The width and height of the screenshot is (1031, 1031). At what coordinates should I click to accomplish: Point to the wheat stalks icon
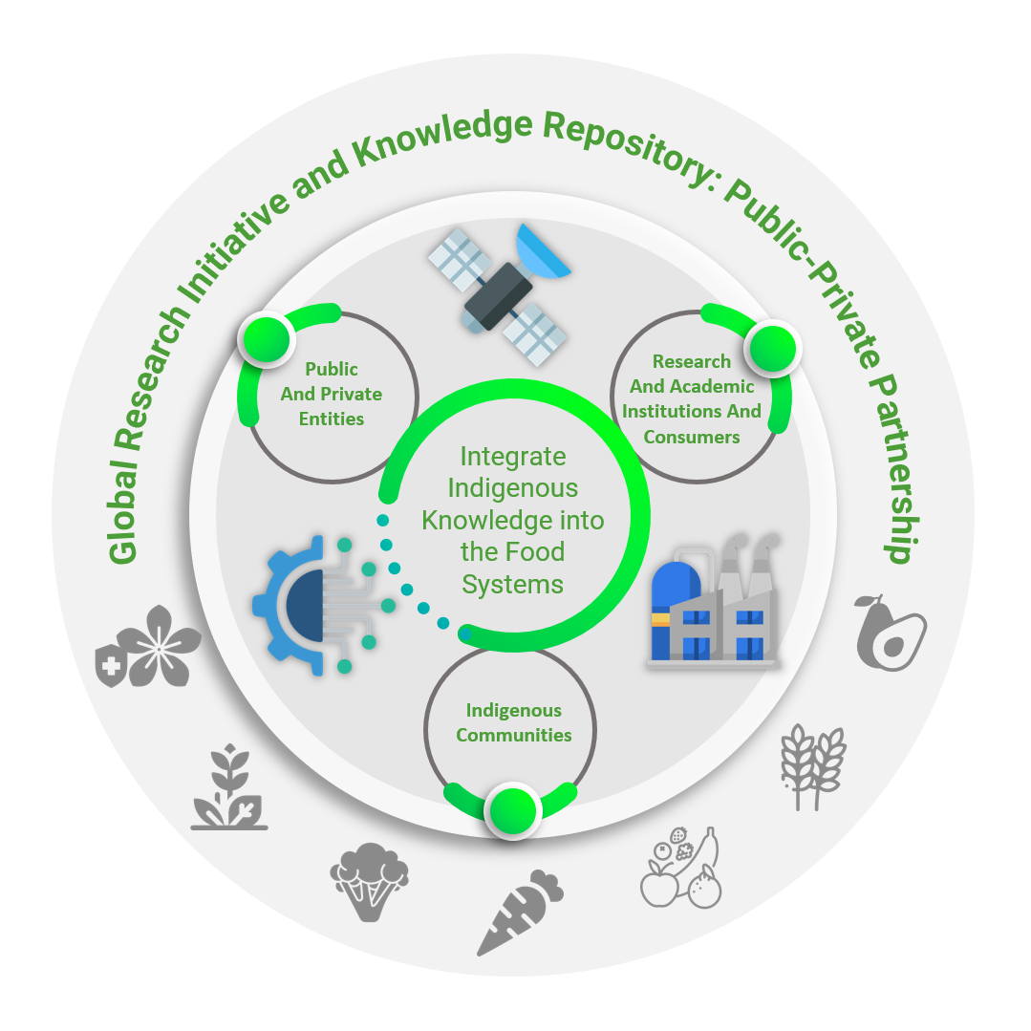coord(813,764)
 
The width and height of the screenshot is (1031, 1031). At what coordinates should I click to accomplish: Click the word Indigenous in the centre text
coord(513,488)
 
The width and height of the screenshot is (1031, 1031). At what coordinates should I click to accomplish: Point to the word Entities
coord(331,419)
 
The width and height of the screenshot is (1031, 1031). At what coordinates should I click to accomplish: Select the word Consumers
coord(692,437)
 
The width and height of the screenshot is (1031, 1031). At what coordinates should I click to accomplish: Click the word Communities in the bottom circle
coord(513,735)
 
